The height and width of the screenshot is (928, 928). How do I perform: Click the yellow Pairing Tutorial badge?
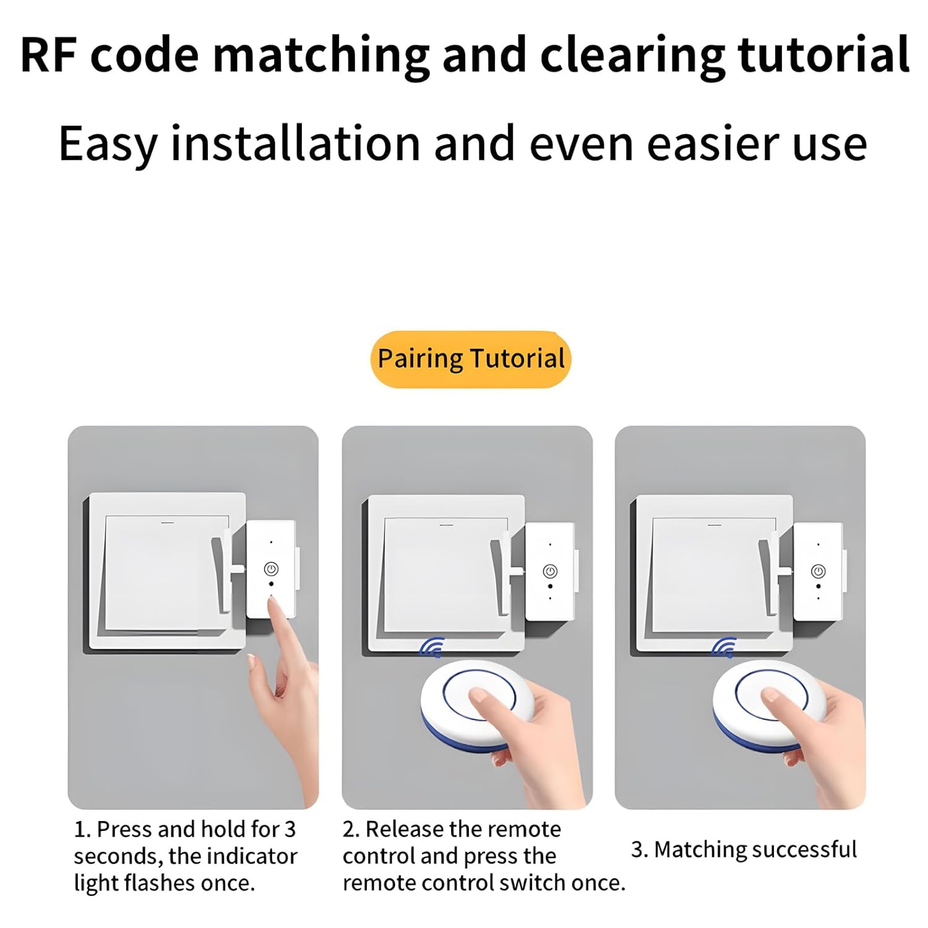pos(471,359)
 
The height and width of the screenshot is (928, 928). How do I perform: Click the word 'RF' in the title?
pos(48,55)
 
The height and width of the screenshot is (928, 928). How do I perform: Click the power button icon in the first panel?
pos(271,569)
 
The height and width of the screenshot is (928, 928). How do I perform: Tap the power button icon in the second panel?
pos(550,571)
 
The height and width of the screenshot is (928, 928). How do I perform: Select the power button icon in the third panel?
pos(818,571)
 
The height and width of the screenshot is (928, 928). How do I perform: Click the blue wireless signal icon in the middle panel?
pos(432,647)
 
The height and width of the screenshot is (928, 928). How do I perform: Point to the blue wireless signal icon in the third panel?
pos(724,647)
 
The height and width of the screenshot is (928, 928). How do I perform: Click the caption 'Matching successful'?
pos(755,849)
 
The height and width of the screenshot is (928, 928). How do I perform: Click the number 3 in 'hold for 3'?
pos(290,829)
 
